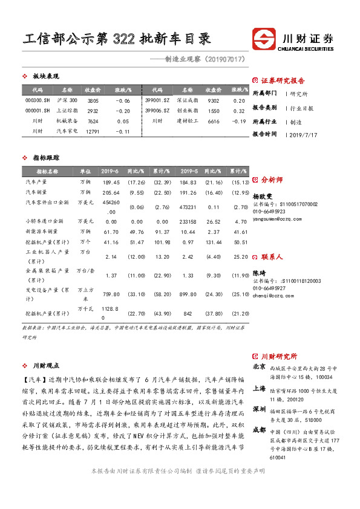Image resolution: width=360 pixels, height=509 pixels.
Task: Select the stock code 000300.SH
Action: pos(38,100)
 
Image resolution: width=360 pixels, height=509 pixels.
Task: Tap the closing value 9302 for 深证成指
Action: pos(213,100)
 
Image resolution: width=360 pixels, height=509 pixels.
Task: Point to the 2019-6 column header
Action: pos(110,171)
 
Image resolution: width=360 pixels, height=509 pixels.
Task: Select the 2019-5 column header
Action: pos(189,171)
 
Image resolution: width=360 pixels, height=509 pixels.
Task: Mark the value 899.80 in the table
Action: pos(189,295)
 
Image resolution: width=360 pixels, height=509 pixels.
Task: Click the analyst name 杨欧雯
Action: pos(263,196)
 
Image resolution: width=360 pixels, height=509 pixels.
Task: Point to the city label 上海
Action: pos(258,389)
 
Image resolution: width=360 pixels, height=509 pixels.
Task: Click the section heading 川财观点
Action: pos(45,366)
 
